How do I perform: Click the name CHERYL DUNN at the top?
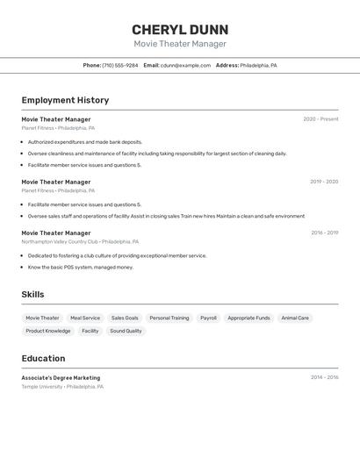pyautogui.click(x=180, y=30)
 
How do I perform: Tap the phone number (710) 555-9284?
pyautogui.click(x=120, y=66)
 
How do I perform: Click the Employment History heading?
pyautogui.click(x=65, y=101)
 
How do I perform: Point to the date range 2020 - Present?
pyautogui.click(x=320, y=119)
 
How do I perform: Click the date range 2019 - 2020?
pyautogui.click(x=324, y=182)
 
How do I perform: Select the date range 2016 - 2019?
pyautogui.click(x=324, y=233)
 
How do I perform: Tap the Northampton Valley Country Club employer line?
pyautogui.click(x=80, y=241)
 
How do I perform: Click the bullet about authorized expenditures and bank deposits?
pyautogui.click(x=84, y=142)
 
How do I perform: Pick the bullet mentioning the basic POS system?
pyautogui.click(x=80, y=268)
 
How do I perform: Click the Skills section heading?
pyautogui.click(x=32, y=295)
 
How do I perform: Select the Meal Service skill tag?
pyautogui.click(x=85, y=318)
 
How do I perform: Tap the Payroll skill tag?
pyautogui.click(x=208, y=318)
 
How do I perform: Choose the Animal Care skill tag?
pyautogui.click(x=295, y=318)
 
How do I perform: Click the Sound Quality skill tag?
pyautogui.click(x=126, y=332)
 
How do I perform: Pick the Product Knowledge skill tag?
pyautogui.click(x=48, y=332)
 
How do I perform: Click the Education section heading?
pyautogui.click(x=43, y=359)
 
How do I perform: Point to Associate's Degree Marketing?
pyautogui.click(x=61, y=378)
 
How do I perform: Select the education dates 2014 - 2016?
pyautogui.click(x=324, y=378)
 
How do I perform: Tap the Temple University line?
pyautogui.click(x=62, y=387)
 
